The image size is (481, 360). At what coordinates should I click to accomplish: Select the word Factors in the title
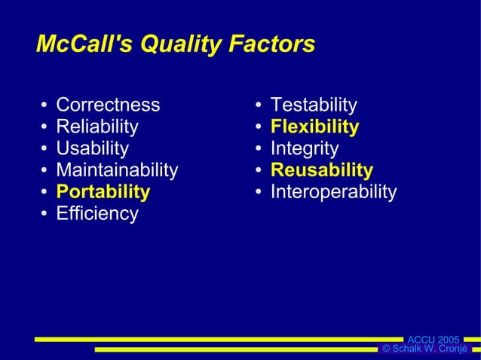tap(270, 44)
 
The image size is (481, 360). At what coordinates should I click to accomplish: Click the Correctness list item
tap(108, 105)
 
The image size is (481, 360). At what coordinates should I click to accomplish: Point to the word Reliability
tap(97, 127)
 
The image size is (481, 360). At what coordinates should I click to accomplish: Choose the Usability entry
tap(92, 148)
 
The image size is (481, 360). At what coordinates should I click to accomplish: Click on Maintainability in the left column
tap(117, 170)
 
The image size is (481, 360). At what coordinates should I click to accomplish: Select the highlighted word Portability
tap(103, 192)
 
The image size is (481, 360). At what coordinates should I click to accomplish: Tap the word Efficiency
tap(97, 214)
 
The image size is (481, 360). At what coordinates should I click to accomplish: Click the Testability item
tap(314, 105)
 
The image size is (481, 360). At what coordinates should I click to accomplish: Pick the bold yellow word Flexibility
tap(314, 127)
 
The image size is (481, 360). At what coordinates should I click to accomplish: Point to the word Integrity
tap(305, 148)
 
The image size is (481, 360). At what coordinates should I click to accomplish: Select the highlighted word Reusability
tap(321, 170)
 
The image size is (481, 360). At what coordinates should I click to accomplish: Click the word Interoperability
tap(333, 192)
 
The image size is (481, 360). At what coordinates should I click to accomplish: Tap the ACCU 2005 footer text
tap(433, 340)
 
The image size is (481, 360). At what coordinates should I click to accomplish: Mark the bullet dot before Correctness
tap(44, 105)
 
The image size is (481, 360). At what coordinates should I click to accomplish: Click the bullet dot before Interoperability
tap(258, 193)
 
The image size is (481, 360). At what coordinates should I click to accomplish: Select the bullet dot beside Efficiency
tap(44, 215)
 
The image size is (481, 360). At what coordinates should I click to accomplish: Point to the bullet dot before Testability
tap(258, 105)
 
